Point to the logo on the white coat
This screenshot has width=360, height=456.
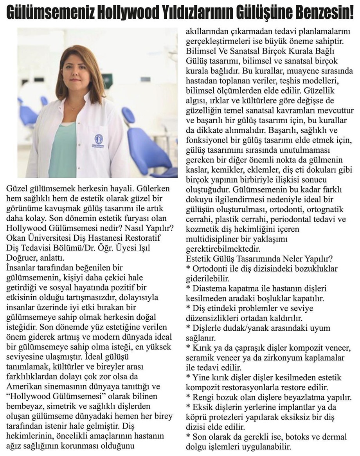[99, 139]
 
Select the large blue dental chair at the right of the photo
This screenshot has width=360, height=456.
[151, 147]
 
